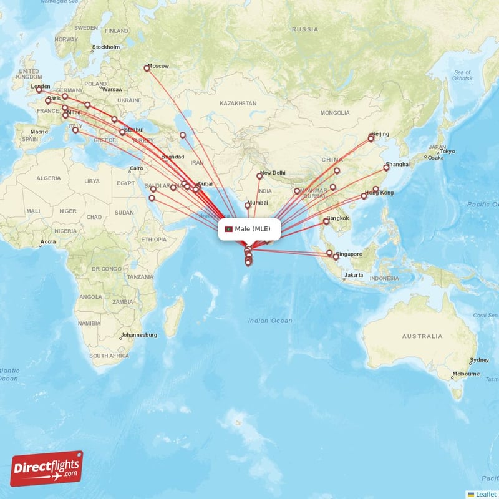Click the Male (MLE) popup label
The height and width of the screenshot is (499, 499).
coord(249,229)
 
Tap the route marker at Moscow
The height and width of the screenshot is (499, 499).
coord(147,68)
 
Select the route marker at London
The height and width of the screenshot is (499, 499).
coord(39,90)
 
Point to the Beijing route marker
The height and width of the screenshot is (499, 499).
coord(371,138)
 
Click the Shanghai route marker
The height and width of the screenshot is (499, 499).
coord(387,167)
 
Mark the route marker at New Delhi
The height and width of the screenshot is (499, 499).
coord(259,176)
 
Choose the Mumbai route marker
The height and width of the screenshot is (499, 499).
coord(247,205)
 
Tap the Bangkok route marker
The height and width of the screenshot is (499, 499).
coord(326,221)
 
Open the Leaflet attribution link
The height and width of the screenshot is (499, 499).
coord(486,494)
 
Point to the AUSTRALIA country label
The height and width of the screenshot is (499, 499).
coord(422,336)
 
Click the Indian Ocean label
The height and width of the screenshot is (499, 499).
coord(269,321)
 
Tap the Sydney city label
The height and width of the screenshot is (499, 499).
coord(479,360)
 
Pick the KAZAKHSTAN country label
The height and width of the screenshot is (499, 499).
coord(238,103)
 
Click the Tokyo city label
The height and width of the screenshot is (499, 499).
coord(447,152)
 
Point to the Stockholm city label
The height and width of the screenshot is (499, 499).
coord(106,47)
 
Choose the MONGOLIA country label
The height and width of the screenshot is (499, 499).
coord(335,113)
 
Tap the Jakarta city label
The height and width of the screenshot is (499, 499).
coord(354,275)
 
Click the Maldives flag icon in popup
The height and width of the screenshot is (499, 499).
coord(229,229)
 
